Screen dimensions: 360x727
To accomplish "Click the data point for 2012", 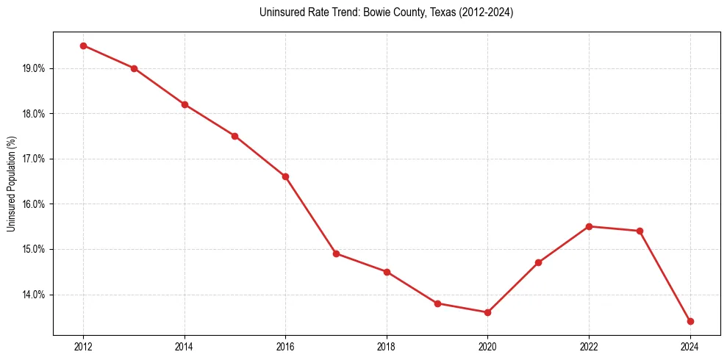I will [x=83, y=46].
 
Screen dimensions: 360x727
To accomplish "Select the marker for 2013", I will [x=134, y=68].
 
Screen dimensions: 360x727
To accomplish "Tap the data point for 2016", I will [x=285, y=176].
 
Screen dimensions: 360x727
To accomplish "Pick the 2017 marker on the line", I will [x=336, y=253].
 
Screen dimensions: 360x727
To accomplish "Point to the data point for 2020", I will [x=487, y=312].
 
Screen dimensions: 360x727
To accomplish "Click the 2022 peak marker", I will [x=589, y=226].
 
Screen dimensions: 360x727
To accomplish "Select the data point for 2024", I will [x=690, y=321].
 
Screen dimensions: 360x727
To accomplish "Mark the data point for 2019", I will [x=437, y=303].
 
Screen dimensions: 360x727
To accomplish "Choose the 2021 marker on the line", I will [x=538, y=262].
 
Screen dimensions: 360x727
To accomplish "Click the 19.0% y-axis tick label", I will [x=35, y=68].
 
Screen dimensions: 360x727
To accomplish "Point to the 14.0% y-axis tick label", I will [x=35, y=295].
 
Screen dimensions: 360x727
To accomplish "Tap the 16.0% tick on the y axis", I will [x=35, y=204].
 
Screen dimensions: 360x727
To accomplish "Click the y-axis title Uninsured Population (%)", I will [x=11, y=184].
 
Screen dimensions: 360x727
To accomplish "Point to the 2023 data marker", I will [x=640, y=231].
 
